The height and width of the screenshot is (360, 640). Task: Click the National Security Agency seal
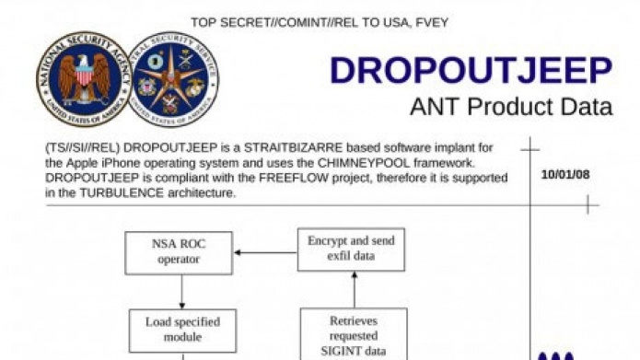pyautogui.click(x=84, y=78)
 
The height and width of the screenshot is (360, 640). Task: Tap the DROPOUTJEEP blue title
pyautogui.click(x=471, y=71)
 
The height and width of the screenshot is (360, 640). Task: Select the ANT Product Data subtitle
pyautogui.click(x=510, y=107)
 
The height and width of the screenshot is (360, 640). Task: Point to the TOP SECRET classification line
pyautogui.click(x=320, y=21)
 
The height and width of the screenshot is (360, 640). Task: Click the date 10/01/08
pyautogui.click(x=564, y=173)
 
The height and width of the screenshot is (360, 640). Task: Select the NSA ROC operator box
pyautogui.click(x=180, y=251)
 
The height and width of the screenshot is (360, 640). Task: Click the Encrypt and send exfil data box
pyautogui.click(x=351, y=249)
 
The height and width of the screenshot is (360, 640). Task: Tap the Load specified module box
pyautogui.click(x=181, y=330)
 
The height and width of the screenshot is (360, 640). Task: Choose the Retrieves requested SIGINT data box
pyautogui.click(x=353, y=333)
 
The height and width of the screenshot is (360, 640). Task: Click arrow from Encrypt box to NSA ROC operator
pyautogui.click(x=265, y=252)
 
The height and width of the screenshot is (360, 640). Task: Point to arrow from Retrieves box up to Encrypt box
pyautogui.click(x=353, y=290)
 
